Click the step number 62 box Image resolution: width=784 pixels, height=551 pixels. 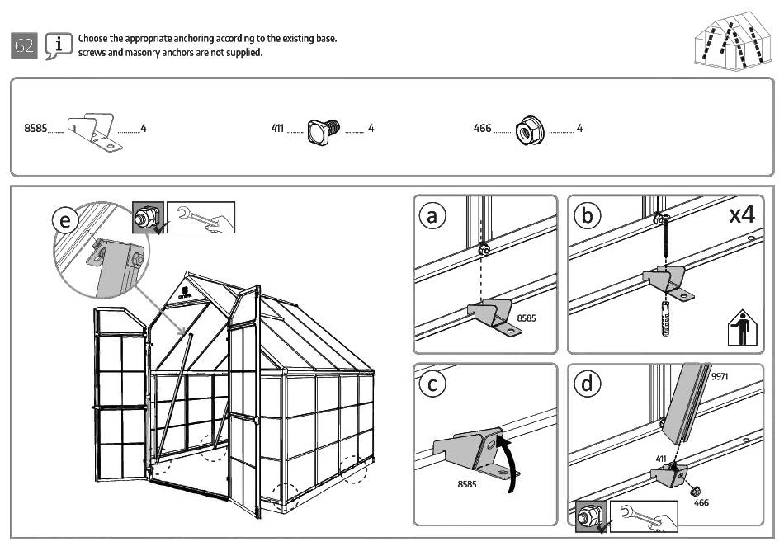coord(25,46)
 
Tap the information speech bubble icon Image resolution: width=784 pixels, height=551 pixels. coord(57,46)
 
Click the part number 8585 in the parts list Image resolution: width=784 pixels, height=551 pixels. coord(35,129)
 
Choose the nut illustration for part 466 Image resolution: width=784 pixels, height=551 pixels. coord(527,130)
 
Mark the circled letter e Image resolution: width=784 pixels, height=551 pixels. coord(66,220)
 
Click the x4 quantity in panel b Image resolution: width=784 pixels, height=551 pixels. coord(742,215)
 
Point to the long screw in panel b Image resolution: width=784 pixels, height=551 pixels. coord(664,243)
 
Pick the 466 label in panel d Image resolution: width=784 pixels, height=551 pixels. coord(701,502)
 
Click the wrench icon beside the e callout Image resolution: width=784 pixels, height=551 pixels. coord(201,217)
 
